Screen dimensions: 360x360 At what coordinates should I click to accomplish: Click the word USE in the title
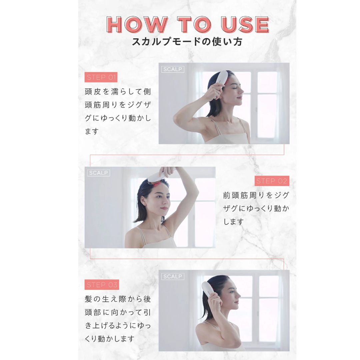pos(245,24)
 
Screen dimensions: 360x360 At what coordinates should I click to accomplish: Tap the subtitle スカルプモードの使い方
pos(187,42)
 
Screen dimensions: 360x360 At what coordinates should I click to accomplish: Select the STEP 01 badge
pos(101,77)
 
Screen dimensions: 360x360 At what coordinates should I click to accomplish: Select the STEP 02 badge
pos(272,181)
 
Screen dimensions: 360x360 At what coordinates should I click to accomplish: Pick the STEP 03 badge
pos(102,285)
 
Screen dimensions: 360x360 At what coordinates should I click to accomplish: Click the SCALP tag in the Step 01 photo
pos(173,69)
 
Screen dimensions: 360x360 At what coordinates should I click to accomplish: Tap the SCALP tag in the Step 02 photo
pos(98,173)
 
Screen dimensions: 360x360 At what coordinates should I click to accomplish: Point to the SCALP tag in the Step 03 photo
pos(173,276)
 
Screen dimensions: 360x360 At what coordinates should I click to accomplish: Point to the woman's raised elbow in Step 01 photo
pos(176,119)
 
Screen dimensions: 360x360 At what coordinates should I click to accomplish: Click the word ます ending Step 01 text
pos(92,131)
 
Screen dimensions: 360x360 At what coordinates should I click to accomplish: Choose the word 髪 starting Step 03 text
pos(88,299)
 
